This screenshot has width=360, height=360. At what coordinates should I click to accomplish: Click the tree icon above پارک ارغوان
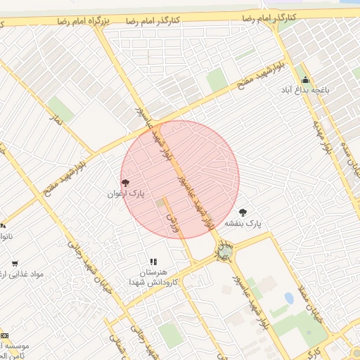pos(126,182)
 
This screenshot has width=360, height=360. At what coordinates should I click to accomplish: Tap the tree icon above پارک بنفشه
pos(243,212)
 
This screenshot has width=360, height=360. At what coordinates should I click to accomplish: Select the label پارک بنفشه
pos(243,223)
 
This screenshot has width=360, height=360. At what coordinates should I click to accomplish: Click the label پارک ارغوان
pos(125,193)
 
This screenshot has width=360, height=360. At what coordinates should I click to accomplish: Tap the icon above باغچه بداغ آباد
pos(305,79)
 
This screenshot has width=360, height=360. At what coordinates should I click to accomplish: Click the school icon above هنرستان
pos(153,261)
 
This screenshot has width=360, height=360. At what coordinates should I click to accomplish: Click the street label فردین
pos(171,224)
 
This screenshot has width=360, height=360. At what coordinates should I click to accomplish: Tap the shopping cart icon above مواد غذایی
pos(15,264)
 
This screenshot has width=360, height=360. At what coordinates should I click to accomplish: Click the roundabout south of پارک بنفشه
pos(225,250)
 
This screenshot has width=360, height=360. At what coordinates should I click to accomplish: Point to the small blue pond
pos(289,298)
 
